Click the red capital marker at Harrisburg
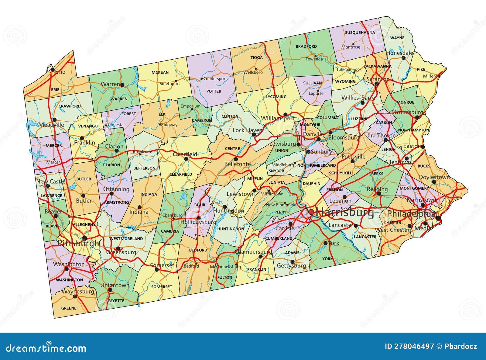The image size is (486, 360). (x=311, y=212)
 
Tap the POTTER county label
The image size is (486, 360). (x=214, y=91)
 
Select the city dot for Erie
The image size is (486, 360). (x=53, y=70)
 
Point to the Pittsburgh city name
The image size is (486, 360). (x=78, y=243)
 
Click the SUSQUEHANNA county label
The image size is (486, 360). (x=360, y=32)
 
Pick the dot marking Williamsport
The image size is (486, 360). (x=285, y=115)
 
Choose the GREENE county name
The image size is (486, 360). (x=69, y=308)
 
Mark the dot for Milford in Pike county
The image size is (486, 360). (x=439, y=76)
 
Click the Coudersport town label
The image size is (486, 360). (x=215, y=78)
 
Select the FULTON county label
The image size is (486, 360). (x=225, y=277)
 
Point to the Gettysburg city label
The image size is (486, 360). (x=291, y=266)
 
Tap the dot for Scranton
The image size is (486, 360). (x=377, y=83)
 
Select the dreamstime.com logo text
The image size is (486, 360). (x=46, y=348)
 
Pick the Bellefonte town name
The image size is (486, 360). (x=238, y=164)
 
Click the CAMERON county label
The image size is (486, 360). (x=202, y=120)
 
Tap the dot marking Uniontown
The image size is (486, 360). (x=110, y=290)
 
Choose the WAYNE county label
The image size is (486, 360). (x=397, y=38)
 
